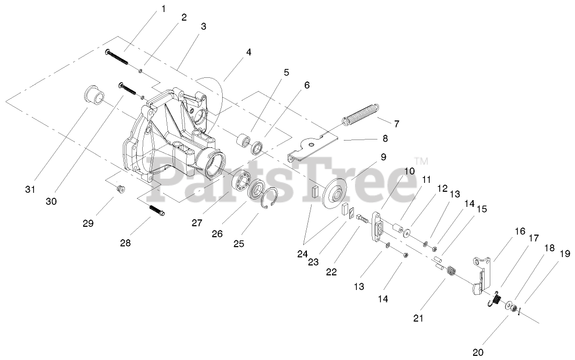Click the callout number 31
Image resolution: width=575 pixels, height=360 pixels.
pyautogui.click(x=30, y=189)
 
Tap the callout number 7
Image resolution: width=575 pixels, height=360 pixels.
pyautogui.click(x=396, y=124)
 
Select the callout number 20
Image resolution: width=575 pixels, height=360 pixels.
pyautogui.click(x=477, y=353)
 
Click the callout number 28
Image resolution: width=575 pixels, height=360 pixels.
pyautogui.click(x=126, y=243)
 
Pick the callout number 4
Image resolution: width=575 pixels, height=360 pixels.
pyautogui.click(x=248, y=52)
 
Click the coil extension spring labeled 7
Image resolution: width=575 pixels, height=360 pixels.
pyautogui.click(x=361, y=115)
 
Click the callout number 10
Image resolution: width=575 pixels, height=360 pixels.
pyautogui.click(x=409, y=171)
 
